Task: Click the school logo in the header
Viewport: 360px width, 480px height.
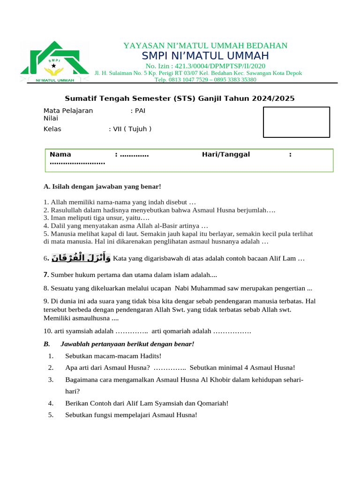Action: (54, 62)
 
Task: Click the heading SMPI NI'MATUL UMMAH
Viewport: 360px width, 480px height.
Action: (205, 56)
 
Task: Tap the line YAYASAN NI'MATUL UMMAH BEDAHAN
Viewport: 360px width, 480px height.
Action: (205, 45)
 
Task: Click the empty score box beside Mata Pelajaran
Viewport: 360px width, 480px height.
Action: (296, 122)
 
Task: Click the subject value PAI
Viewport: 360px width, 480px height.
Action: (140, 111)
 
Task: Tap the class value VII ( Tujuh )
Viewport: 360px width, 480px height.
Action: (132, 129)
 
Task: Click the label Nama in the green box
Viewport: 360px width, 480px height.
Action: (60, 154)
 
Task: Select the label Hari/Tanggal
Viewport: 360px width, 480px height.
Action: (226, 154)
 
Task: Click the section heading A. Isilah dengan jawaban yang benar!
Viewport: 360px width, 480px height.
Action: (102, 187)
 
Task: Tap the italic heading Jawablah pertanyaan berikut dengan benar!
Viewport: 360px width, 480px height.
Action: (127, 344)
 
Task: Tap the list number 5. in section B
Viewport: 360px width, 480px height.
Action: (51, 415)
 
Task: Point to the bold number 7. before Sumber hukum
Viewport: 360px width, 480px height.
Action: (46, 275)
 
